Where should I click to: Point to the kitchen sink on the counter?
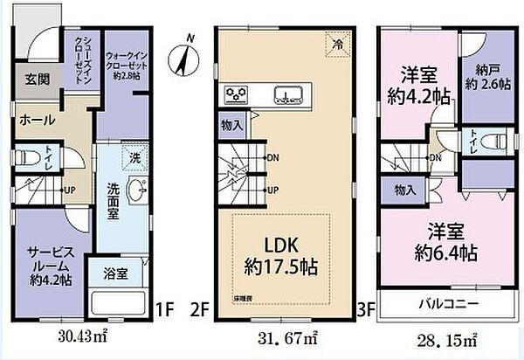tap(288, 93)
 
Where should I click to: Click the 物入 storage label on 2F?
tap(231, 126)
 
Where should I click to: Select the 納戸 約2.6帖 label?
tap(481, 77)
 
